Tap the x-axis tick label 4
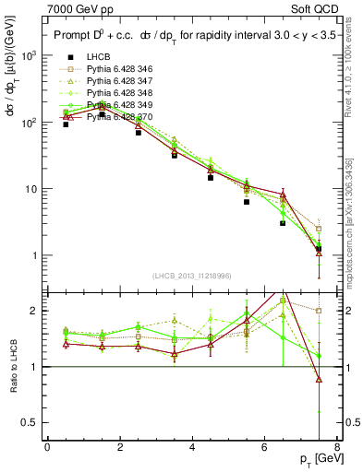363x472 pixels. coord(192,447)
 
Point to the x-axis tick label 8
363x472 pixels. coord(336,447)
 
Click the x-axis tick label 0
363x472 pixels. coord(47,447)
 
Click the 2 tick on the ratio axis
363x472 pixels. coord(36,311)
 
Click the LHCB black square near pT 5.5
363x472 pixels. coord(247,202)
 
